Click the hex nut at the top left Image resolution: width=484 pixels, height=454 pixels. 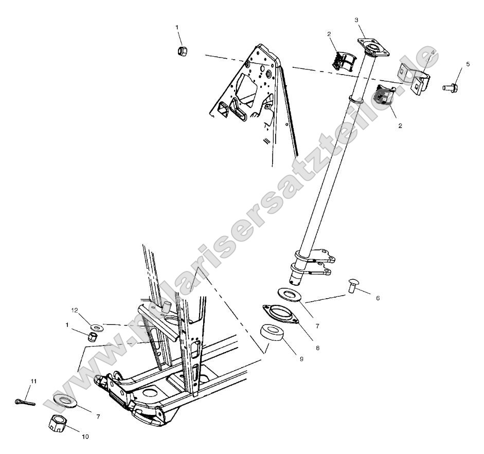click(x=182, y=51)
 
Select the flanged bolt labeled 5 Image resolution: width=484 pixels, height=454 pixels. click(x=450, y=88)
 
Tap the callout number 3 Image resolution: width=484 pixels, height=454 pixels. click(x=356, y=20)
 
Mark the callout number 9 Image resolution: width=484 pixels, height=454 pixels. click(x=301, y=358)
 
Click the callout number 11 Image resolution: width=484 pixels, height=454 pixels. click(x=33, y=381)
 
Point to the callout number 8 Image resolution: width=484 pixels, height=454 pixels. click(x=317, y=348)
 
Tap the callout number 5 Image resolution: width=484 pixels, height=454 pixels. click(x=468, y=64)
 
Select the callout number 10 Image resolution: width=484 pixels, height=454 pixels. click(x=85, y=437)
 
